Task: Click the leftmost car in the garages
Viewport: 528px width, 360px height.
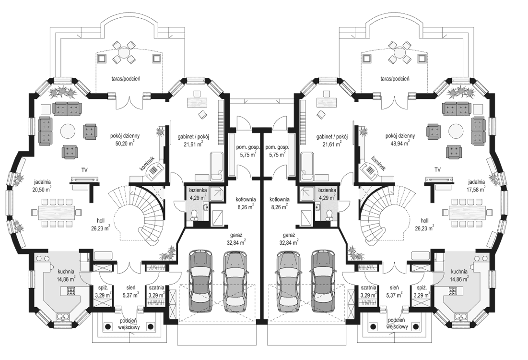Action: pos(201,281)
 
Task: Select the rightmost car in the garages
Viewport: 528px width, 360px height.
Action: pos(323,281)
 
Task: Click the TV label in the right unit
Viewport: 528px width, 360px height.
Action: pos(437,169)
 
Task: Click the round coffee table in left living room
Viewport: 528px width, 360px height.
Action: pos(68,130)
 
